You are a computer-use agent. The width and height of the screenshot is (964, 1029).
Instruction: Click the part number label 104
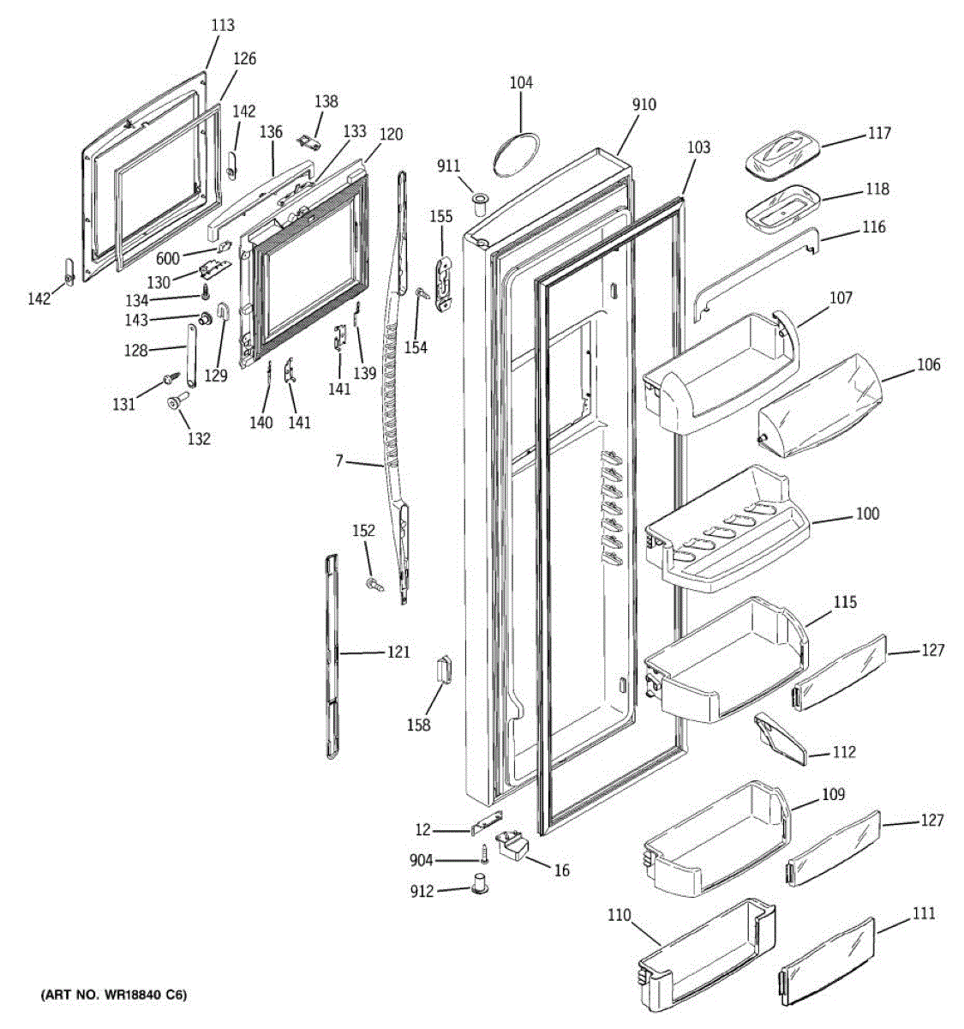(521, 83)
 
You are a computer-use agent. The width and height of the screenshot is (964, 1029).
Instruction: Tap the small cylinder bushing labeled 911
(478, 202)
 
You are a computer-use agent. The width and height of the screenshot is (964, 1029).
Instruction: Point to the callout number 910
(644, 105)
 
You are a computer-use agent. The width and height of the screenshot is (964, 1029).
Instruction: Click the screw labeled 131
(171, 378)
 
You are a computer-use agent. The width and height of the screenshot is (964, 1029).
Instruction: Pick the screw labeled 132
(179, 400)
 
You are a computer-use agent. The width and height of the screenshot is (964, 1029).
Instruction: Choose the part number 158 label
(419, 725)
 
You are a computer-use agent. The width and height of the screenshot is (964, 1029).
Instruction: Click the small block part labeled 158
(444, 668)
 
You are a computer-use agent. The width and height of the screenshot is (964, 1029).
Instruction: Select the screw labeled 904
(484, 853)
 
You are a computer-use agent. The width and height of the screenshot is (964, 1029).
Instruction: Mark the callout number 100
(867, 514)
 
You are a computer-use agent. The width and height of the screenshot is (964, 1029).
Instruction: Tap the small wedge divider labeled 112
(780, 736)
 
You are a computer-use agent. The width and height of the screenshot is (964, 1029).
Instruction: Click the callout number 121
(398, 653)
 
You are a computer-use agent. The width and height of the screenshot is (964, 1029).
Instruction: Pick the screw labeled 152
(374, 584)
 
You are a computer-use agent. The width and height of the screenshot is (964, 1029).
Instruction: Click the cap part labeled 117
(782, 155)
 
